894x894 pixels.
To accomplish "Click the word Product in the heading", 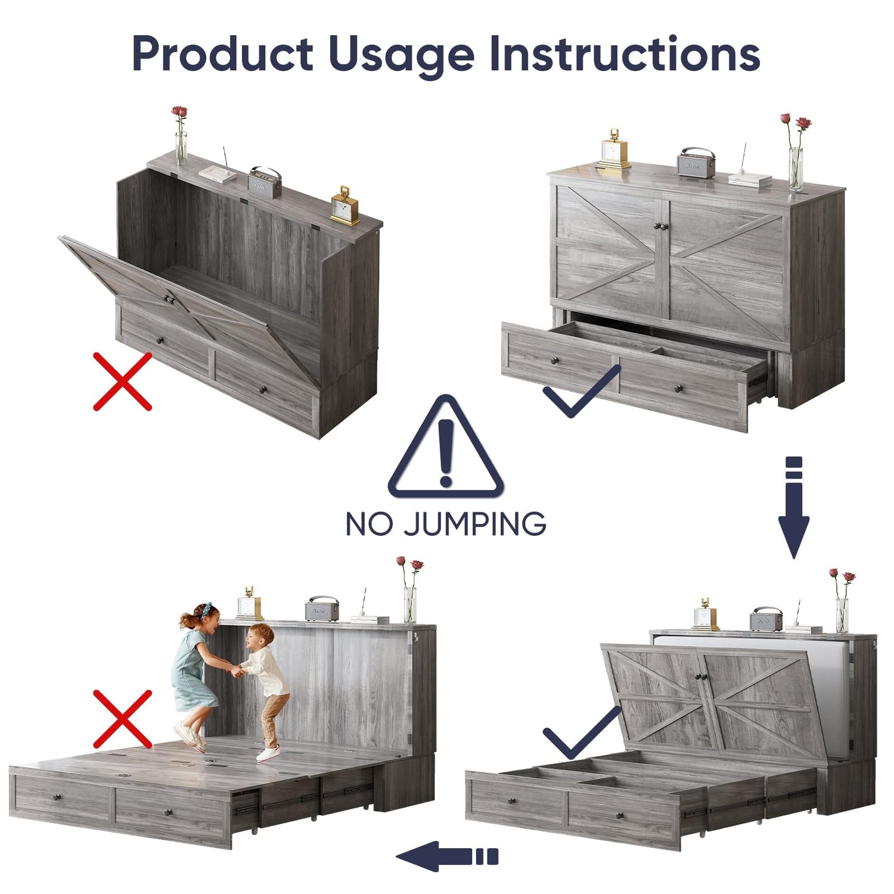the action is (222, 54).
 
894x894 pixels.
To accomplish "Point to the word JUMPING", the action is (474, 524).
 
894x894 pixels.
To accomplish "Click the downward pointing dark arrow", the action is (794, 507).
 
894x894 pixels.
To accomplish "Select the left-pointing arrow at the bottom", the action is (447, 856).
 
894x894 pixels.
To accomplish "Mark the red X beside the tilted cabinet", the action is (123, 381).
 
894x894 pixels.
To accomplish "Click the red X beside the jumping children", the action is (123, 719).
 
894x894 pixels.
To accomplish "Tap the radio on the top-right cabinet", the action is (696, 163).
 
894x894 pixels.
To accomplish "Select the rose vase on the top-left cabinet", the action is (180, 137).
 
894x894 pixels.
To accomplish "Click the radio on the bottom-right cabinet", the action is (766, 619).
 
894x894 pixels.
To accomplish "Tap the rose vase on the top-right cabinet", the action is (796, 153).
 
